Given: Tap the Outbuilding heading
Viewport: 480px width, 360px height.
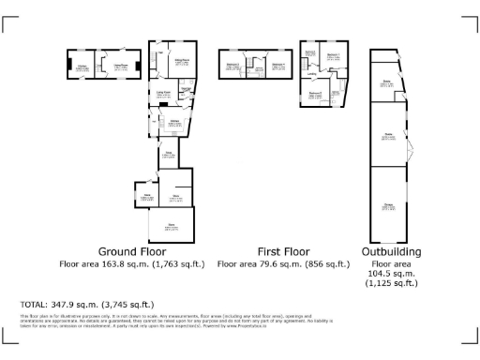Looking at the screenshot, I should click(390, 252).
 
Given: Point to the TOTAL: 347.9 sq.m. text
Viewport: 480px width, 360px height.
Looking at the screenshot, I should click(87, 305).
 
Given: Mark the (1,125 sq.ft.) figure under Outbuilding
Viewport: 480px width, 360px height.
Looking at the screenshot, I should click(390, 282).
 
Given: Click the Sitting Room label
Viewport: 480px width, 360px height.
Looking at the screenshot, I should click(182, 61).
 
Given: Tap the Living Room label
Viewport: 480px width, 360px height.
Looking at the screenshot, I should click(163, 93).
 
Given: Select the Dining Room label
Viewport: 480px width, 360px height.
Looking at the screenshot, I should click(120, 67).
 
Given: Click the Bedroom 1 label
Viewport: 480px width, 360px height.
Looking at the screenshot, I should click(332, 55).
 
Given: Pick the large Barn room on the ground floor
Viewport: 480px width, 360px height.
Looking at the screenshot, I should click(172, 225).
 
